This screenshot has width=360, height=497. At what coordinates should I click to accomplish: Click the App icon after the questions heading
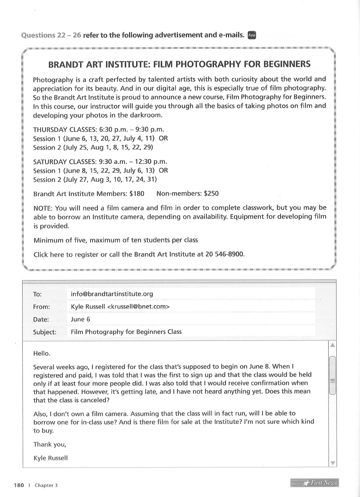coord(252,35)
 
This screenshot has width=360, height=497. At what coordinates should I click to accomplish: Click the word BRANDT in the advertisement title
coord(71,64)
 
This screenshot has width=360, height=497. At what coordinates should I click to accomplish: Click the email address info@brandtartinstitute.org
coord(111,294)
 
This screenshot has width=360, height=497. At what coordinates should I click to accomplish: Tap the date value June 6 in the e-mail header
coord(80,319)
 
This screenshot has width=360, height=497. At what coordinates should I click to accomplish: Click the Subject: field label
coord(45,332)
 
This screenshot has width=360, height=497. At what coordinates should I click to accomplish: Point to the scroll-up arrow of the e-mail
coord(332,345)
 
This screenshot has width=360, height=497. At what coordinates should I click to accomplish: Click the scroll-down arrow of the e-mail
coord(332,463)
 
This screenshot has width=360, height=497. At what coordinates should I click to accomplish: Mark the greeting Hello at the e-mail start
coord(42,354)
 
